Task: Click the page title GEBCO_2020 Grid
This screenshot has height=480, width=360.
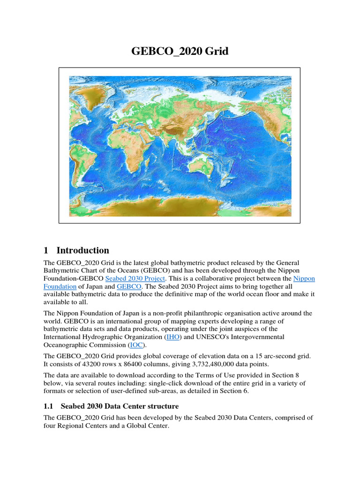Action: [x=180, y=51]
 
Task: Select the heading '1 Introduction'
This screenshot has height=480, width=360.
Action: [x=82, y=250]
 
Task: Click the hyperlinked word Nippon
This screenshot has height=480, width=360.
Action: [x=304, y=278]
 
